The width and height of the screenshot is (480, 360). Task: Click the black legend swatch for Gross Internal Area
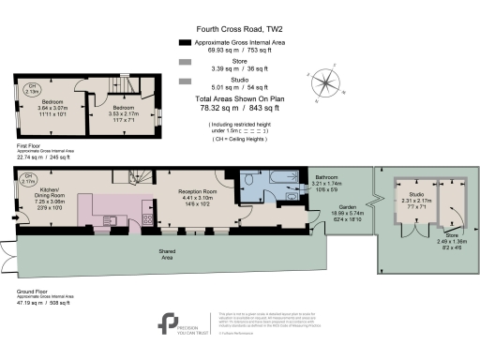pyautogui.click(x=185, y=43)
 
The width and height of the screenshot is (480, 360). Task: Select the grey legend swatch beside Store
pyautogui.click(x=185, y=63)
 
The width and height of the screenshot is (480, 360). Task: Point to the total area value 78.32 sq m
pyautogui.click(x=215, y=105)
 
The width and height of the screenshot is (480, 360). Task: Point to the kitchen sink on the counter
pyautogui.click(x=108, y=219)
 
